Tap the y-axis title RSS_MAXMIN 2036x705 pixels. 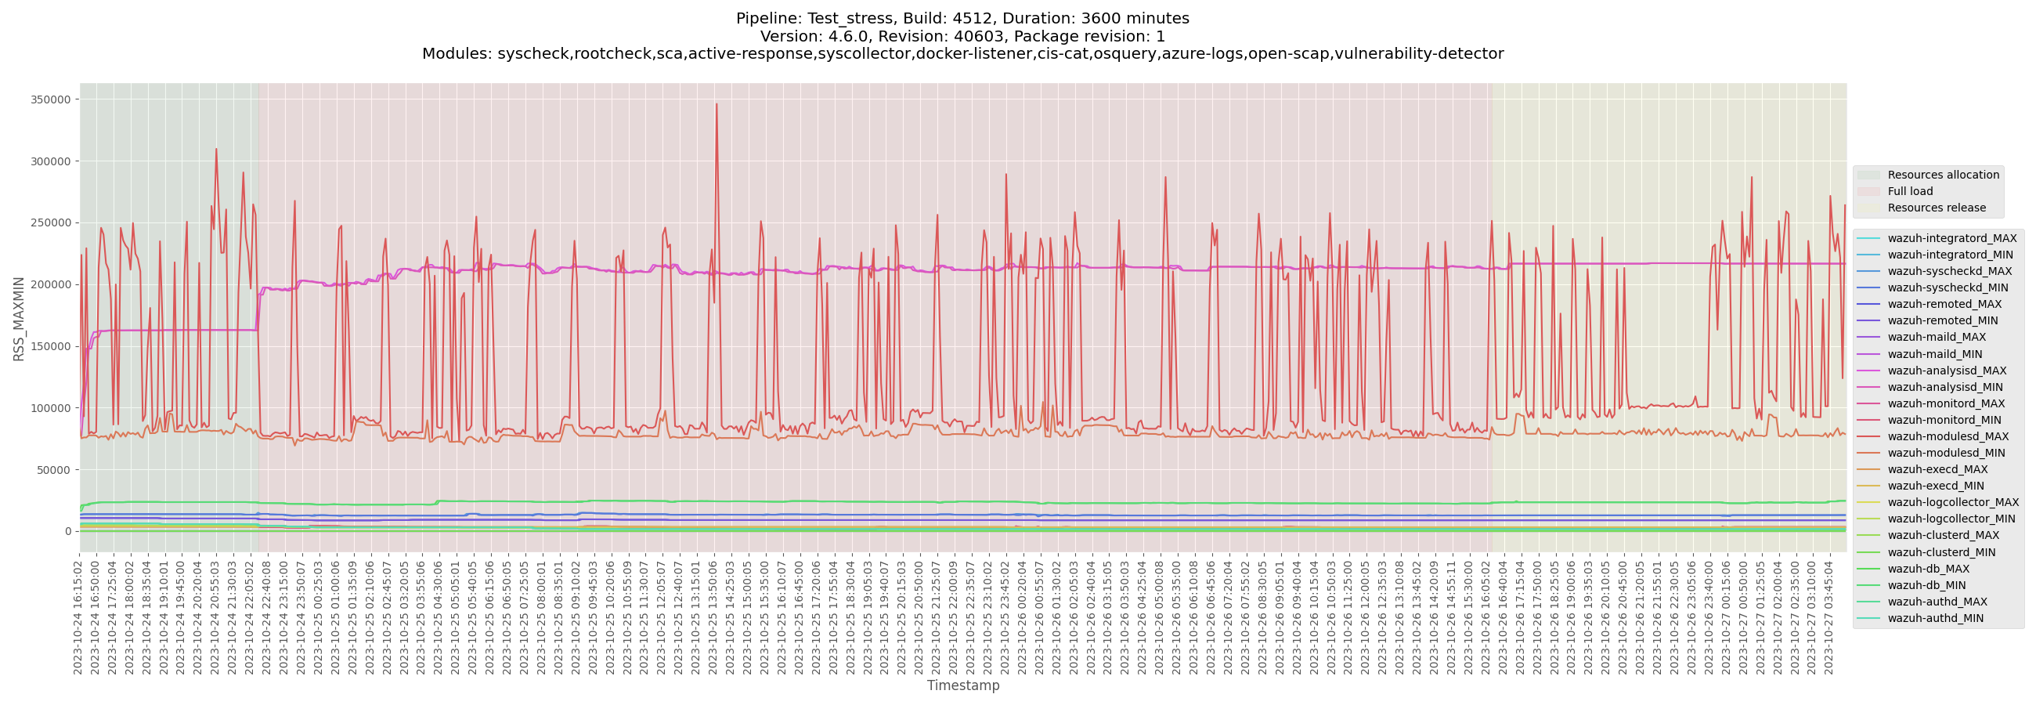click(19, 319)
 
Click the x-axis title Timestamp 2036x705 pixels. click(962, 685)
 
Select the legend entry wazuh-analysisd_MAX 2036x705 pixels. click(1947, 371)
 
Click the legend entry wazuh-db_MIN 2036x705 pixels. click(1926, 585)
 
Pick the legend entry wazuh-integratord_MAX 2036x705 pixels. click(1951, 238)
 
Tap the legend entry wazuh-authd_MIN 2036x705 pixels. click(1935, 618)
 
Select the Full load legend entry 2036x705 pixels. click(1910, 191)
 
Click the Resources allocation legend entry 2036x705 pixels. click(1943, 175)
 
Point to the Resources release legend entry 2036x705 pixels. click(1937, 208)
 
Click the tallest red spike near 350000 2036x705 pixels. click(716, 105)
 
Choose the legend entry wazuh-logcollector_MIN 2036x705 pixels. click(1951, 519)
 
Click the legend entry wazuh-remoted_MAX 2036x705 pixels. click(1944, 304)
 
